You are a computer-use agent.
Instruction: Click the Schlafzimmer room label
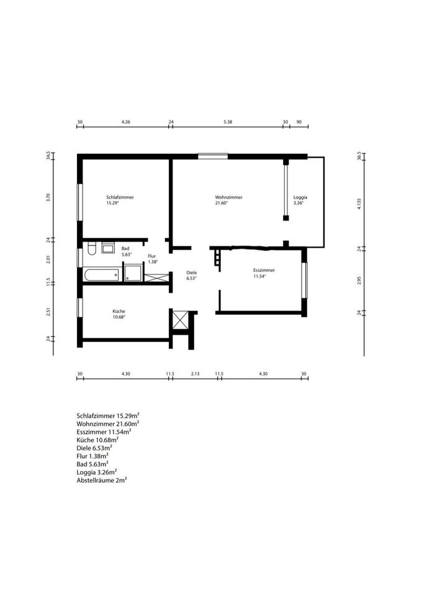click(x=120, y=197)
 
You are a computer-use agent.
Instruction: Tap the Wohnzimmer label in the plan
click(x=229, y=197)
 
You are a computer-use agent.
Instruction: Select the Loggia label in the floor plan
click(x=300, y=197)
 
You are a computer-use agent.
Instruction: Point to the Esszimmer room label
click(x=264, y=270)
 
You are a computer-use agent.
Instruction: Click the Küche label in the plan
click(x=119, y=311)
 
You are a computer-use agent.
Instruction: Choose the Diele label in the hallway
click(x=192, y=273)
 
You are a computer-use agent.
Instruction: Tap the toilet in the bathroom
click(x=92, y=248)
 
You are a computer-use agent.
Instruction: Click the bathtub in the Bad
click(x=102, y=275)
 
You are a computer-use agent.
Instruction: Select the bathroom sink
click(x=109, y=248)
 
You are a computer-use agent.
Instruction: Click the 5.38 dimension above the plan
click(x=228, y=122)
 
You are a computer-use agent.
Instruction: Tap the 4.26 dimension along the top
click(x=126, y=122)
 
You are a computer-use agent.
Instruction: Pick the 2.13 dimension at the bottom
click(x=195, y=374)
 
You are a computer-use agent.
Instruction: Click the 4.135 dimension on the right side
click(x=359, y=204)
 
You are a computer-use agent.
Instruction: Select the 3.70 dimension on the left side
click(x=48, y=197)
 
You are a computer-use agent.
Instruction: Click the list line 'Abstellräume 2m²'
click(x=101, y=480)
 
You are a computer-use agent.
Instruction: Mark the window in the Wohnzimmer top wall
click(x=213, y=155)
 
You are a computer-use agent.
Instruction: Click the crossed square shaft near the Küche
click(x=180, y=320)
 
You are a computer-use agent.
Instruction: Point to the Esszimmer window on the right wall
click(x=304, y=280)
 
